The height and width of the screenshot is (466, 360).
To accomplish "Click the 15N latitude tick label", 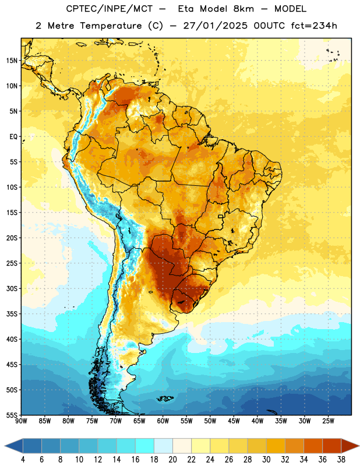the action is click(12, 61).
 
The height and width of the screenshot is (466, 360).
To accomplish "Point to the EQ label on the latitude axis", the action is click(13, 137).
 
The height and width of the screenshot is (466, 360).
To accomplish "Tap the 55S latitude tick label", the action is click(12, 415).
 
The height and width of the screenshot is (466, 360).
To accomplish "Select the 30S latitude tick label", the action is click(12, 288).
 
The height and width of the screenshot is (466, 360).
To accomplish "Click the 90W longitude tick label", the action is click(21, 421).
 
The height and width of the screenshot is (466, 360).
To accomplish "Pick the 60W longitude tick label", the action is click(163, 421).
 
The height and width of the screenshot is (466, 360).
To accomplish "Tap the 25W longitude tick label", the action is click(328, 421).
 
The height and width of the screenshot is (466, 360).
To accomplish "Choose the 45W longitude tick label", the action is click(234, 421).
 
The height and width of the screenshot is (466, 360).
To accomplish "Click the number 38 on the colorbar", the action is click(341, 460).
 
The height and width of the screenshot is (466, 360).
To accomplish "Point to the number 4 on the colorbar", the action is click(23, 460).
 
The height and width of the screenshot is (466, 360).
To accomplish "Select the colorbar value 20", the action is click(172, 460).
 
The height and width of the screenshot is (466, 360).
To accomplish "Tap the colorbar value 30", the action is click(266, 460).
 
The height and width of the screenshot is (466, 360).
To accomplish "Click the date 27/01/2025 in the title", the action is click(215, 26).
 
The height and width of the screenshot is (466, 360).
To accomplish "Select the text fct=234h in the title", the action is click(314, 26).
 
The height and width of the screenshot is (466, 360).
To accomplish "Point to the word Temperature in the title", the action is click(111, 26).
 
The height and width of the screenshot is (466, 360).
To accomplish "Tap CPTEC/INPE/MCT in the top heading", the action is click(109, 9).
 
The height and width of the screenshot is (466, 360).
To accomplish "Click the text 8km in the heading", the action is click(243, 9).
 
